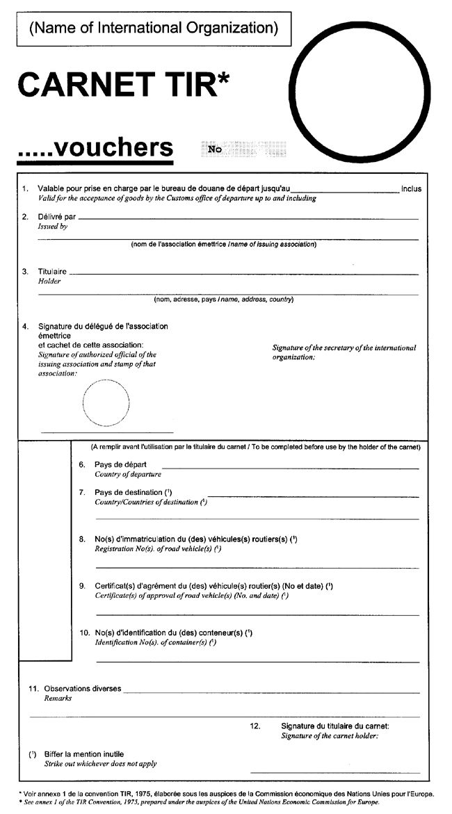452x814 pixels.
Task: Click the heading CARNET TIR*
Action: pos(123,85)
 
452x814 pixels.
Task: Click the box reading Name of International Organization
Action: pos(153,29)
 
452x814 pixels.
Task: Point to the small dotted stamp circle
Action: pos(106,402)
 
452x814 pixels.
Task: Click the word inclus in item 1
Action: pos(411,188)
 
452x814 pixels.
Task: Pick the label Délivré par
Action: pos(56,217)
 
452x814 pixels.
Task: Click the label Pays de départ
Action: pos(120,464)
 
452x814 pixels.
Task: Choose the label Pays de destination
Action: pos(133,493)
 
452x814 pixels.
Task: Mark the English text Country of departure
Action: pos(128,474)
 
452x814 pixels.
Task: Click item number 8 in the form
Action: pos(81,539)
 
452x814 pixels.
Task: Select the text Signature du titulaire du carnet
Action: pos(334,726)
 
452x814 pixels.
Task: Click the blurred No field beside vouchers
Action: pos(243,149)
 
